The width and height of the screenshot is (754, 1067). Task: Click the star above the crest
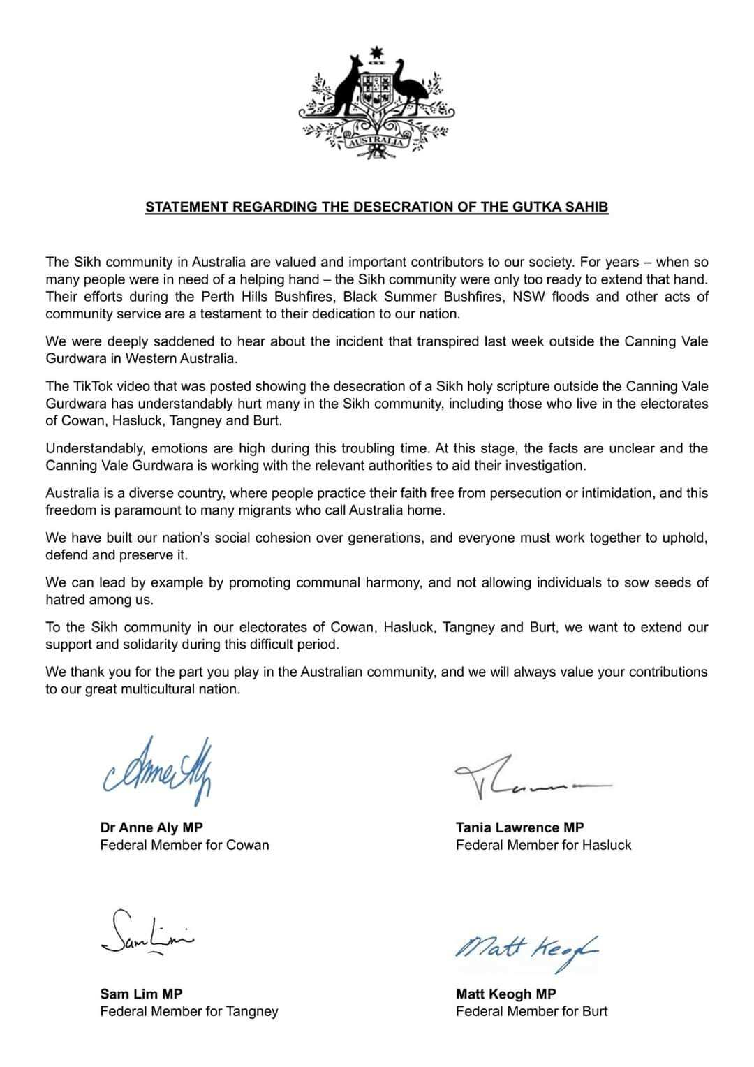[378, 53]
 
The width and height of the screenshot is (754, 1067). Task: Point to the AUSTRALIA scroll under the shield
[377, 142]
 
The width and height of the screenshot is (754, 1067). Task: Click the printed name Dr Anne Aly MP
[151, 827]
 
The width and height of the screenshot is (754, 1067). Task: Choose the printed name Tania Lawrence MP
[519, 827]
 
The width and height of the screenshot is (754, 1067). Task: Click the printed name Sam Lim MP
[141, 994]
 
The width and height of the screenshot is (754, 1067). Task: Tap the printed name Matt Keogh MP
[506, 994]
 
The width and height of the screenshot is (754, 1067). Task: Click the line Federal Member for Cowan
[184, 845]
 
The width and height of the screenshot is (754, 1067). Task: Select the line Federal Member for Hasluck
[543, 845]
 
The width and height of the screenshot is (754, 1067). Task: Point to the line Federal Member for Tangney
[189, 1011]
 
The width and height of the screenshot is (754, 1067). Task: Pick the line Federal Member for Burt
[531, 1011]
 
